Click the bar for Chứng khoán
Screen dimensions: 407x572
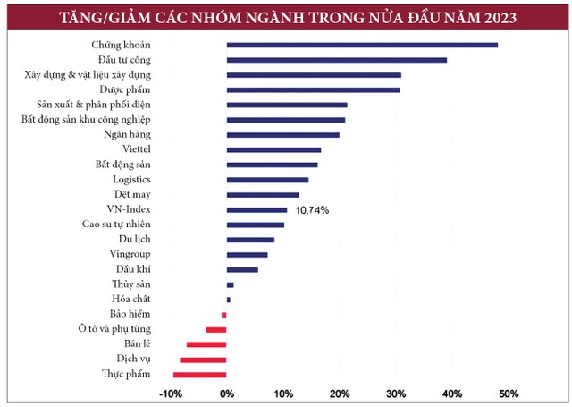[x=362, y=45]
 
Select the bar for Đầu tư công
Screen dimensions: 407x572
[x=336, y=60]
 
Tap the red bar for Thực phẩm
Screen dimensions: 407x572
[x=200, y=374]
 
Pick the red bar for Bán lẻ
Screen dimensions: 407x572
[x=206, y=344]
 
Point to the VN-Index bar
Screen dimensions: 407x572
[x=257, y=209]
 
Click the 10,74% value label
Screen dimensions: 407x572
[x=312, y=210]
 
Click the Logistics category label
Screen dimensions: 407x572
[x=130, y=180]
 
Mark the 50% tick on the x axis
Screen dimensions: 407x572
[x=509, y=394]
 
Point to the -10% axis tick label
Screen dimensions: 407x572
[x=170, y=394]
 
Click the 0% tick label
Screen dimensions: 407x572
[x=227, y=394]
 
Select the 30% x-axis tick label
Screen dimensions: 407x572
[x=396, y=394]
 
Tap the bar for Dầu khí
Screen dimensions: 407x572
[x=242, y=269]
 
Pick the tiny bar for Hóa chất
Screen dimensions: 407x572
[x=229, y=300]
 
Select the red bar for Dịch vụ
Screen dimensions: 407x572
[x=203, y=360]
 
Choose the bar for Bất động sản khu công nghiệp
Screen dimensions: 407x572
[x=286, y=120]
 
